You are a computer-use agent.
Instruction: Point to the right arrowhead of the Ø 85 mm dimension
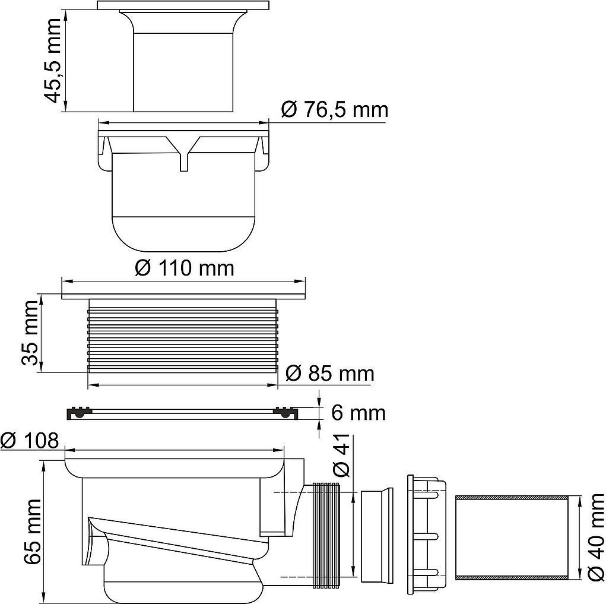click(273, 385)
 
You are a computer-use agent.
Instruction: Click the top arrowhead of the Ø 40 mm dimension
click(579, 501)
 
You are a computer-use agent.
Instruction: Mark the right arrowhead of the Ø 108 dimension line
click(279, 450)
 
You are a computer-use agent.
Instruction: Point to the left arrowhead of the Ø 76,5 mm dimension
click(104, 123)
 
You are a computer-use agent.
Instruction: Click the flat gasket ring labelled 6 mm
click(184, 413)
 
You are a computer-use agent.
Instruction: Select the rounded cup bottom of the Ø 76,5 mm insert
click(183, 233)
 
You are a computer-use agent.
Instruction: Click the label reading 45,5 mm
click(52, 61)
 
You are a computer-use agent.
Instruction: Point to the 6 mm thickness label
click(358, 413)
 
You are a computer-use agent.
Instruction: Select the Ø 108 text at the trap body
click(30, 441)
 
